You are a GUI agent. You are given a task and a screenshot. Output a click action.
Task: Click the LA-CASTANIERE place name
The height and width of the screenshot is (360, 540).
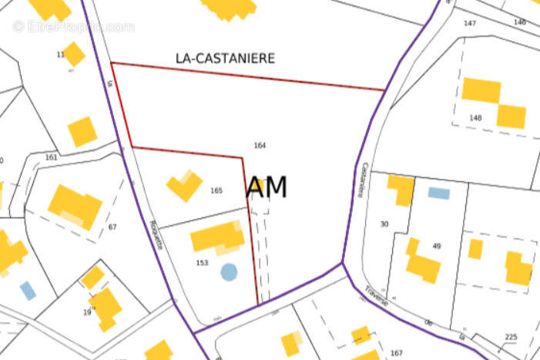(x=225, y=58)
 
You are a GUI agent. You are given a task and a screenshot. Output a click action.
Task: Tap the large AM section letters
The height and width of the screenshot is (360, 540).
(x=267, y=187)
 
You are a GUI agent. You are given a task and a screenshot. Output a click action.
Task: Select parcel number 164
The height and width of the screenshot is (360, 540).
(x=260, y=145)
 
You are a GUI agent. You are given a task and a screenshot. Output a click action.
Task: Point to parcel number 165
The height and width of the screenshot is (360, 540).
(x=216, y=190)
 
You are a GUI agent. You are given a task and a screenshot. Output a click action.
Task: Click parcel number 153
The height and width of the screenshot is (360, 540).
(x=202, y=263)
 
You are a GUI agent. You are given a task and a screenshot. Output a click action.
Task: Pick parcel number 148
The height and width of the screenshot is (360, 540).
(x=475, y=118)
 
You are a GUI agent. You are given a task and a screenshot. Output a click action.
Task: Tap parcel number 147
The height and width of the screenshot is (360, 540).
(x=470, y=23)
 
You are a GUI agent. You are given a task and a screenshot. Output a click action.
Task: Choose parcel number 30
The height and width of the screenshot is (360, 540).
(x=384, y=224)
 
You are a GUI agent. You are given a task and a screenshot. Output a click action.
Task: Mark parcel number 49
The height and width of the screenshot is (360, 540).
(x=437, y=246)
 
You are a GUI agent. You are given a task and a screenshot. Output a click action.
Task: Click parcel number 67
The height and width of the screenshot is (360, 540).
(x=112, y=227)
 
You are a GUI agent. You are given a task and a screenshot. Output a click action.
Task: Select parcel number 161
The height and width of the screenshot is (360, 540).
(x=52, y=157)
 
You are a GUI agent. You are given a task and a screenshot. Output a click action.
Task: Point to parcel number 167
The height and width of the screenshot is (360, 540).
(x=396, y=353)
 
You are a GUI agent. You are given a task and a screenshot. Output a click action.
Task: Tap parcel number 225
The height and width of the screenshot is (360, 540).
(x=511, y=337)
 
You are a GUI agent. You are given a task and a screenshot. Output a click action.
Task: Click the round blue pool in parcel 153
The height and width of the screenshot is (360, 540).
(x=229, y=271)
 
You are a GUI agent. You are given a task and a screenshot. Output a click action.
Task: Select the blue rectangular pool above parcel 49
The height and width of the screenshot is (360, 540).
(x=438, y=193)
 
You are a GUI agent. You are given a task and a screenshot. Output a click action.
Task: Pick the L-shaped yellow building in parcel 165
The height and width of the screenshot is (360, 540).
(x=183, y=186)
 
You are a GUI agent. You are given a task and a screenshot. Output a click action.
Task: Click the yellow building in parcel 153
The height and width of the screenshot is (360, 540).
(x=218, y=237)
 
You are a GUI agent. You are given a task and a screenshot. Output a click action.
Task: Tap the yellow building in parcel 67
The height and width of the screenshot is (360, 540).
(x=75, y=206)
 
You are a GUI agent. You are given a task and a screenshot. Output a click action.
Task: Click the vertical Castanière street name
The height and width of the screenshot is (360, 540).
(x=360, y=180)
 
